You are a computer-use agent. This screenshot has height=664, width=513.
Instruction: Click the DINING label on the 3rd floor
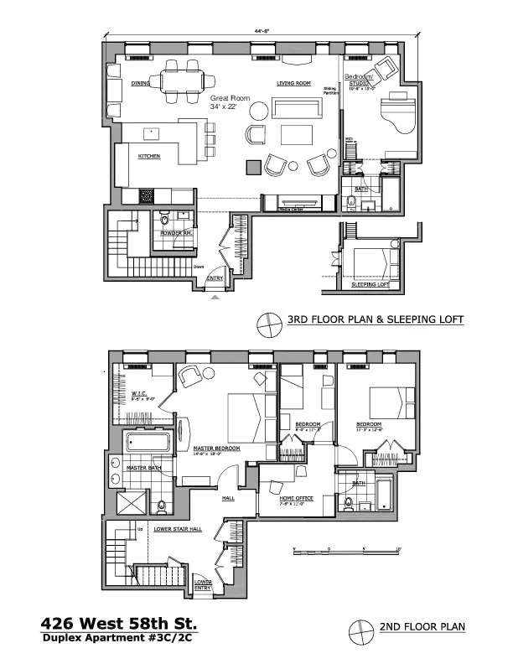[139, 83]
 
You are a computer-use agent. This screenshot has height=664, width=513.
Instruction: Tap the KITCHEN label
[149, 156]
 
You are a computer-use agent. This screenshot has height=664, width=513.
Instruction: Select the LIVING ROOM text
[294, 84]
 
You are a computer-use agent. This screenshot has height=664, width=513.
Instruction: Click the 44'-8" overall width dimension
[264, 31]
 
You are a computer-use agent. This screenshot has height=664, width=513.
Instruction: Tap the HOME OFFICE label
[296, 498]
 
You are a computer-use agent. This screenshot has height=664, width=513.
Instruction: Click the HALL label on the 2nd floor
[228, 497]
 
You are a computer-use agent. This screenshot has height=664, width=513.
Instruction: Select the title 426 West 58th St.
[120, 624]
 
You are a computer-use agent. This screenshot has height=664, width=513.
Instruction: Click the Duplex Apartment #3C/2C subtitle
[120, 640]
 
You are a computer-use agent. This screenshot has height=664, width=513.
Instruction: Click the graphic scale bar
[345, 551]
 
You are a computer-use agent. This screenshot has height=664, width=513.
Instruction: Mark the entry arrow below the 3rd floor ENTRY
[215, 296]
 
